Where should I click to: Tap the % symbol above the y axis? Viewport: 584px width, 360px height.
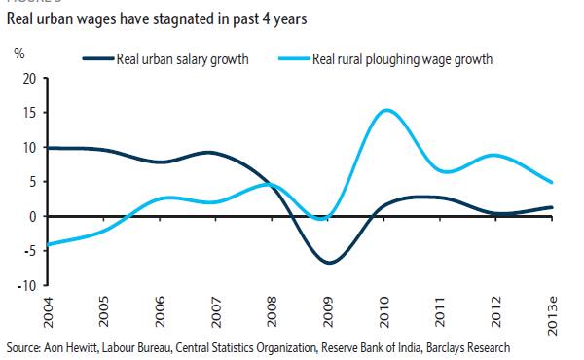[18, 52]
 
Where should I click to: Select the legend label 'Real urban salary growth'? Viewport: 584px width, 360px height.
[183, 59]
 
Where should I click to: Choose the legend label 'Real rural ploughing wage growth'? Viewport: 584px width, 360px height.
[403, 59]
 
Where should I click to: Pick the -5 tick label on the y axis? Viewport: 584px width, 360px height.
[28, 251]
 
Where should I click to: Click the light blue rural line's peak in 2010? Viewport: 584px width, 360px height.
[386, 110]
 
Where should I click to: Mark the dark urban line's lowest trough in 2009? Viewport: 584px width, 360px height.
[331, 263]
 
